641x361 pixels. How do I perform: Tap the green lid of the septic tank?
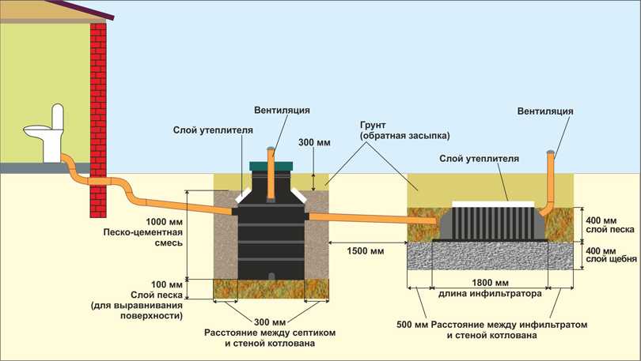click(271, 167)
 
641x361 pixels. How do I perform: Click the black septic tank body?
click(271, 237)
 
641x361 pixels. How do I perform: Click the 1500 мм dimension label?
click(365, 251)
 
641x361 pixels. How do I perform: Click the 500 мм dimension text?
click(412, 325)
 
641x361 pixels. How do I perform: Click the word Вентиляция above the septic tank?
click(282, 109)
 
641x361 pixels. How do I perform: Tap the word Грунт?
click(373, 124)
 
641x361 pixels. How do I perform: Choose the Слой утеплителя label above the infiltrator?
click(480, 159)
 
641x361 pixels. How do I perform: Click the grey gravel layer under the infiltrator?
click(491, 254)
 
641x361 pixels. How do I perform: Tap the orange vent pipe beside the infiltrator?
click(551, 182)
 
